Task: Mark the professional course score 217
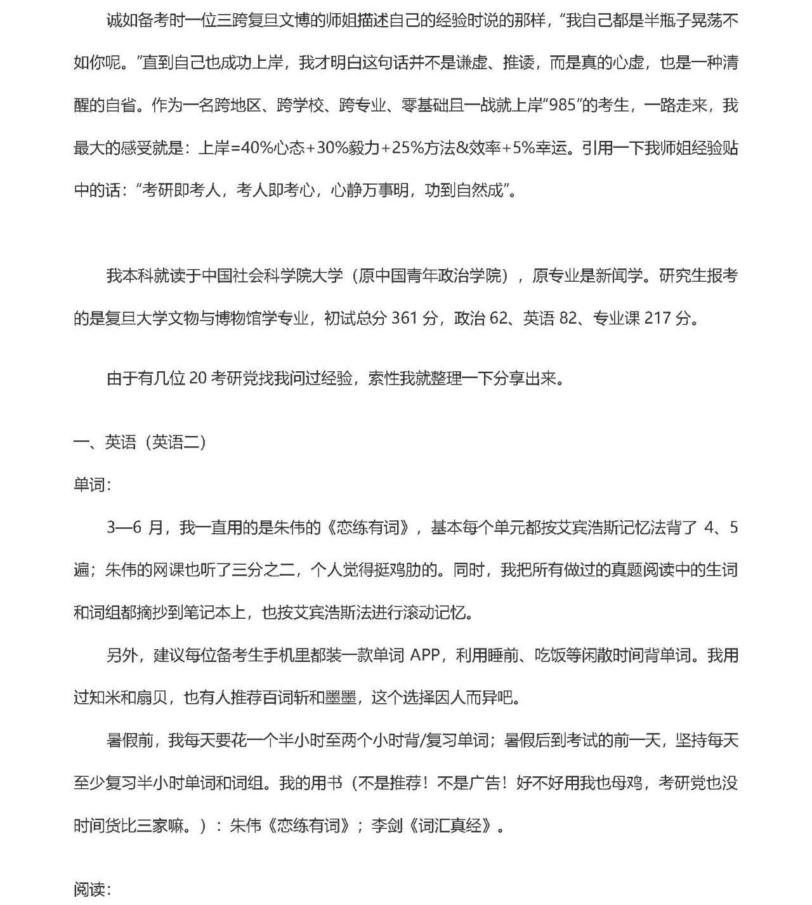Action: tap(659, 318)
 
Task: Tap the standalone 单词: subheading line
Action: tap(93, 485)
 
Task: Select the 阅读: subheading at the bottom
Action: tap(93, 890)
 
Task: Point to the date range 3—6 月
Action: tap(134, 527)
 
